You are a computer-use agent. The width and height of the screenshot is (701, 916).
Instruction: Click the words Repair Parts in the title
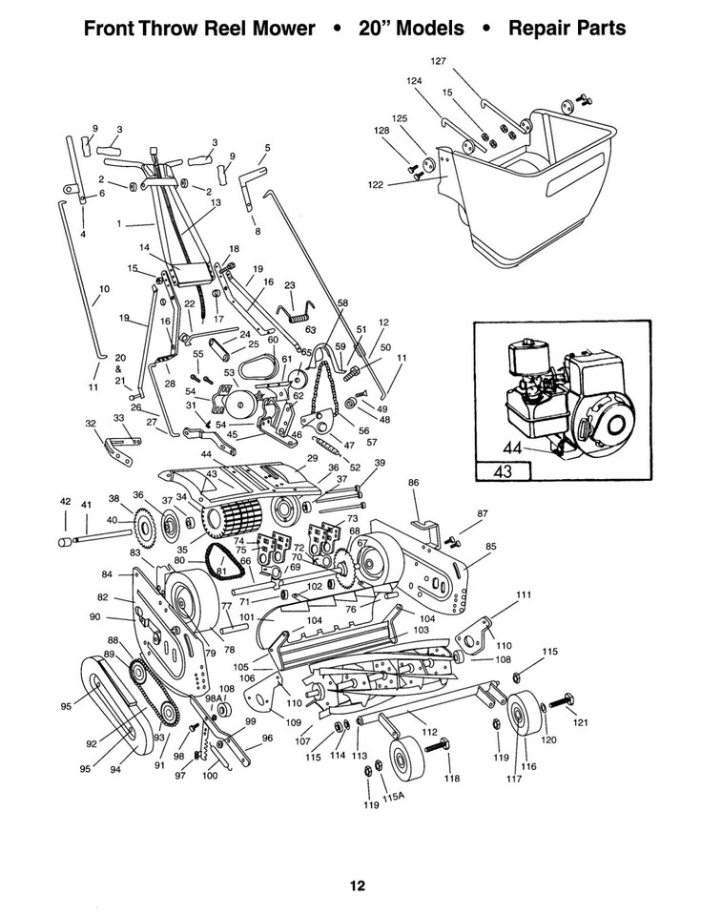click(567, 28)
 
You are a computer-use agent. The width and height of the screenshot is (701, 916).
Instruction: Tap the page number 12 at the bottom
click(356, 885)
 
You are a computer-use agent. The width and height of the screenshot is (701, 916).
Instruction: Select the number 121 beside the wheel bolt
click(581, 723)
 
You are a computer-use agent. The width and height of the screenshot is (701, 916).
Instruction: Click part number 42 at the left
click(65, 501)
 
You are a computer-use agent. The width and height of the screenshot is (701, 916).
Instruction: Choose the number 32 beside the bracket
click(90, 423)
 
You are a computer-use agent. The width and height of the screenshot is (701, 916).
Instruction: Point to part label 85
click(491, 546)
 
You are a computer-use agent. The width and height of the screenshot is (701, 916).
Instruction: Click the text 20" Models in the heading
click(411, 28)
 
